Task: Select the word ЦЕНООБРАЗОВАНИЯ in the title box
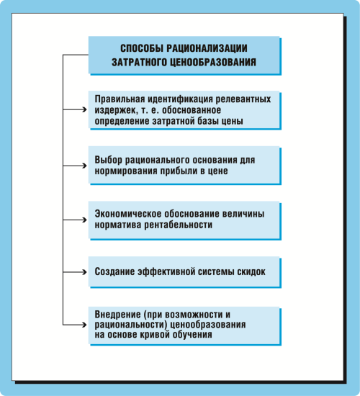(213, 62)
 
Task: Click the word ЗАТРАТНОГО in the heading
(139, 62)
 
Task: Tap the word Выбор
(108, 160)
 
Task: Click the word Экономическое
(128, 214)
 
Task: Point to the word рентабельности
(178, 225)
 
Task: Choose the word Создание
(114, 271)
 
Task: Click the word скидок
(251, 271)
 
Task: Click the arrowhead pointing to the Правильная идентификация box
(85, 109)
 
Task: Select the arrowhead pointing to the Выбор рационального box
(85, 166)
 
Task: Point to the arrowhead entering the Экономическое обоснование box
(85, 220)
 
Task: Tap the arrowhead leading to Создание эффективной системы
(85, 272)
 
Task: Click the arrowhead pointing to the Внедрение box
(85, 325)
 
